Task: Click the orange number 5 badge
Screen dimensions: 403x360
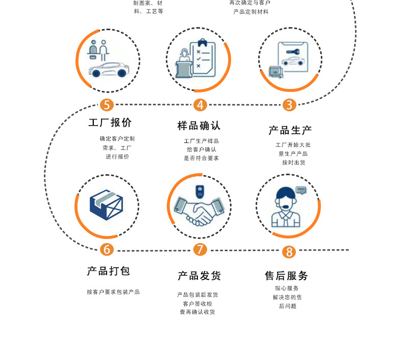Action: [107, 105]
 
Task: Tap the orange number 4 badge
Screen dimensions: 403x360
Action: [200, 105]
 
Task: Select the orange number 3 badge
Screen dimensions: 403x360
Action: [289, 105]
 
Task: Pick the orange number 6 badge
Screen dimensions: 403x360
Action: [107, 250]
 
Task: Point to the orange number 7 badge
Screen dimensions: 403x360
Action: [200, 250]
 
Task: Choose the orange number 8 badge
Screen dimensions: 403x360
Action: [289, 252]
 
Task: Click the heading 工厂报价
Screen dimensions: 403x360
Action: [110, 123]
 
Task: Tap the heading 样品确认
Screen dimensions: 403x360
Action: [199, 126]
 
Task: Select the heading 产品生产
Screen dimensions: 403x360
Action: [290, 130]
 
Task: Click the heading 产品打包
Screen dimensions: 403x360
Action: [108, 271]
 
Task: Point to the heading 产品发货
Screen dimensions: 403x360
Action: [199, 276]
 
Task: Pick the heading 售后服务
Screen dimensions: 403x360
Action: [286, 276]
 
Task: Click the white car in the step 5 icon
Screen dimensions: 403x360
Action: [108, 70]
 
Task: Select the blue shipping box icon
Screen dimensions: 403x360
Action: [107, 205]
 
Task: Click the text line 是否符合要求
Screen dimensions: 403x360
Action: [201, 158]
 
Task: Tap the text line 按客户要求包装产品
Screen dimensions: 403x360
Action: [113, 292]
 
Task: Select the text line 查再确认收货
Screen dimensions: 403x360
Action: [197, 312]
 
